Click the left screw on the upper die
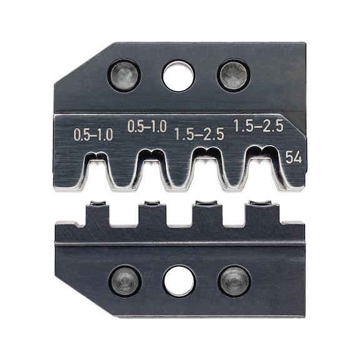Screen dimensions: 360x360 [124, 76]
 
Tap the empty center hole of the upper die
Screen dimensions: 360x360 [178, 76]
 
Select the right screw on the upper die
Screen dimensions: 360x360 [233, 76]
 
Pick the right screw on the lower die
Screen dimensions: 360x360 [234, 281]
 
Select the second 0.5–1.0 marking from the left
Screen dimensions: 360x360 [147, 127]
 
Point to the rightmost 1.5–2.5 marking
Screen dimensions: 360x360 [258, 126]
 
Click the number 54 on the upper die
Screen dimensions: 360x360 [293, 158]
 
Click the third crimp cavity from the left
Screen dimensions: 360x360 [207, 171]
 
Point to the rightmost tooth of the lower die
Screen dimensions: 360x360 [261, 212]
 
